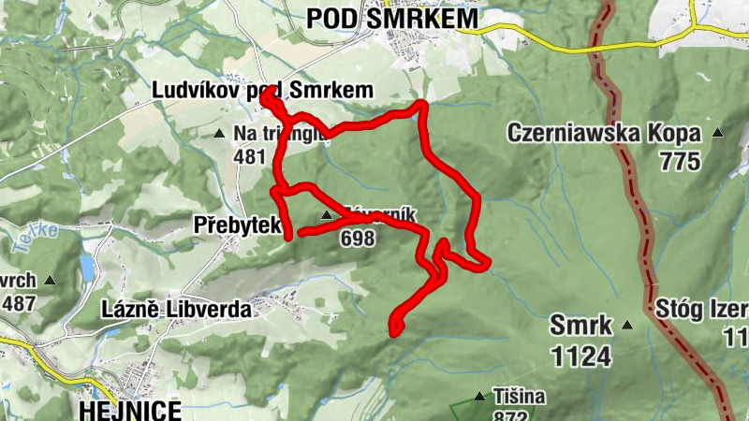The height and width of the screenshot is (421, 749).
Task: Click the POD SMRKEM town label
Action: point(391,18)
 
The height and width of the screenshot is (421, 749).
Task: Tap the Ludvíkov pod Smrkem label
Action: point(263,90)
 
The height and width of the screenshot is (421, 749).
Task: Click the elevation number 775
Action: point(679,161)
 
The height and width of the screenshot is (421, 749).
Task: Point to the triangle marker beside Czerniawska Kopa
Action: point(718,133)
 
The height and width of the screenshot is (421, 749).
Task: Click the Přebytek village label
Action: point(238,225)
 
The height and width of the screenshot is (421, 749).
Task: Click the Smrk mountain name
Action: point(580,326)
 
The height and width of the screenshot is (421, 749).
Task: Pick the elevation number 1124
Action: point(580,356)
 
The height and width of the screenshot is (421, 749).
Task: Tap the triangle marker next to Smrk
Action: point(626,326)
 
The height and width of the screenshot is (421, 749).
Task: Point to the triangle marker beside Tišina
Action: point(480,397)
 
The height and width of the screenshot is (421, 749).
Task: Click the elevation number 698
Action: point(358,239)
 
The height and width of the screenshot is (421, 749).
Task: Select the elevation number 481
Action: point(250,156)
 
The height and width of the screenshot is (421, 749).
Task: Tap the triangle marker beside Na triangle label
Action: point(219,134)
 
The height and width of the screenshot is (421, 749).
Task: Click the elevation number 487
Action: point(19,303)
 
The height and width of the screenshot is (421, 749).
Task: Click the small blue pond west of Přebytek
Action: point(86,269)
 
